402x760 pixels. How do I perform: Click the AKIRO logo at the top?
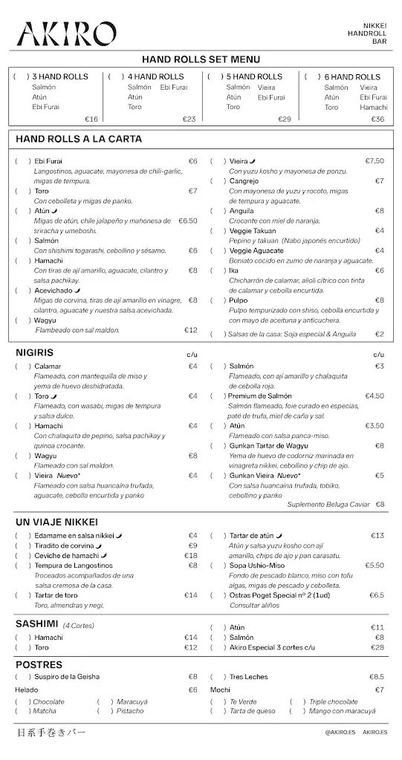(x=67, y=34)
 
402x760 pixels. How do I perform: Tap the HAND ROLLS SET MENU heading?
(x=201, y=59)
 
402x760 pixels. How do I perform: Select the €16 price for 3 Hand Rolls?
(x=91, y=119)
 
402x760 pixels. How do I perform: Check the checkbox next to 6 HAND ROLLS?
(x=312, y=77)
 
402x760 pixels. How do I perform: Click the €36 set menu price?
(x=377, y=119)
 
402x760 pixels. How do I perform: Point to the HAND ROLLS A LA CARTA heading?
(x=79, y=139)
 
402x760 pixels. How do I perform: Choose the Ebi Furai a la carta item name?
(x=49, y=161)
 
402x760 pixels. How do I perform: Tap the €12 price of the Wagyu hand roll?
(x=191, y=330)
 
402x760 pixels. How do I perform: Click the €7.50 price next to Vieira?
(x=375, y=161)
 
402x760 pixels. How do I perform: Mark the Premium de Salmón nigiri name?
(x=259, y=396)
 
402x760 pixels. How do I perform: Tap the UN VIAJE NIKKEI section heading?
(x=56, y=522)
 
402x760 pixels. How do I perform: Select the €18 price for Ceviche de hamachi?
(x=191, y=555)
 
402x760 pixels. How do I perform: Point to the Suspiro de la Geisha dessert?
(x=67, y=677)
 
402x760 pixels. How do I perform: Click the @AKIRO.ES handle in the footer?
(x=340, y=732)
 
